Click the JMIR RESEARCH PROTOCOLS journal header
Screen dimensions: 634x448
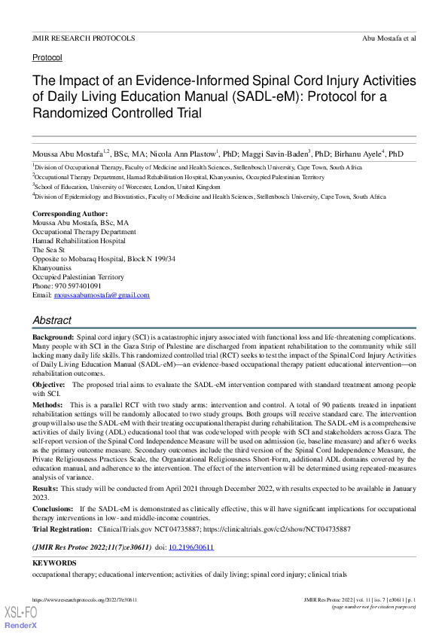[x=84, y=38]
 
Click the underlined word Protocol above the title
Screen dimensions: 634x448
[x=47, y=57]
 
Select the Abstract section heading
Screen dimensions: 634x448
[x=52, y=320]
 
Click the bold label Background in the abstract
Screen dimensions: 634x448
[x=53, y=338]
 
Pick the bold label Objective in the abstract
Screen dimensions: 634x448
[x=49, y=384]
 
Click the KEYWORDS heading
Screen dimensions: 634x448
[x=55, y=563]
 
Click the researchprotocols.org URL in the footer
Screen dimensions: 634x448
[x=84, y=599]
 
